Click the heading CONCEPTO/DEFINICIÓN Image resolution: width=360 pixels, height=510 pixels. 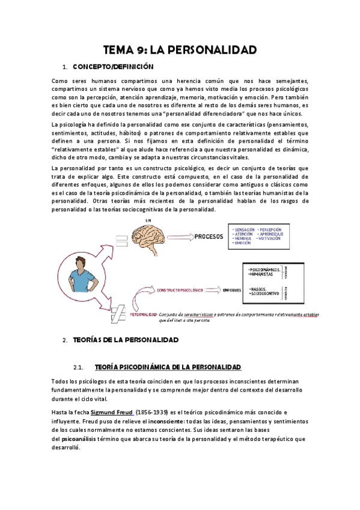click(113, 67)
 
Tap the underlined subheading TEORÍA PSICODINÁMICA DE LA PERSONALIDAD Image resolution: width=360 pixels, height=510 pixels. click(168, 367)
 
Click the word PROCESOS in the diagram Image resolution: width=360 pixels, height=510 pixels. click(209, 237)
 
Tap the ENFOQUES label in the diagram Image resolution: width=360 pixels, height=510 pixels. click(233, 290)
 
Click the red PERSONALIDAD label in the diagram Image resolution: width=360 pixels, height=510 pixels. click(144, 313)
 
